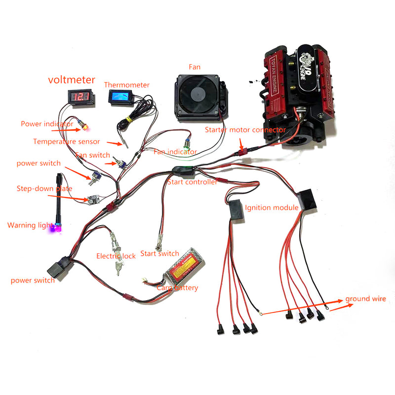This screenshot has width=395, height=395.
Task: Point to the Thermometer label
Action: tap(126, 84)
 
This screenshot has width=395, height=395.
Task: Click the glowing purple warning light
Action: tap(57, 228)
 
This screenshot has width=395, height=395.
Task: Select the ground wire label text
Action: tap(365, 299)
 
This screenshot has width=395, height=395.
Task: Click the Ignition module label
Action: tap(271, 207)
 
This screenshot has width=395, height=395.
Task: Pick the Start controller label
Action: tap(192, 182)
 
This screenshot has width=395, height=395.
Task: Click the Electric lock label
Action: tap(116, 256)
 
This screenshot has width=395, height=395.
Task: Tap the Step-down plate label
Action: tap(44, 189)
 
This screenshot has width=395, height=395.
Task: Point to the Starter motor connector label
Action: tap(245, 129)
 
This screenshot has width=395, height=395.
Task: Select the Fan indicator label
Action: tap(175, 152)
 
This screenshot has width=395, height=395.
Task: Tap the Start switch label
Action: tap(159, 253)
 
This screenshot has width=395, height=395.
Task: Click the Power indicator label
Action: tap(47, 124)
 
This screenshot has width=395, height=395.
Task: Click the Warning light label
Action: tap(29, 225)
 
